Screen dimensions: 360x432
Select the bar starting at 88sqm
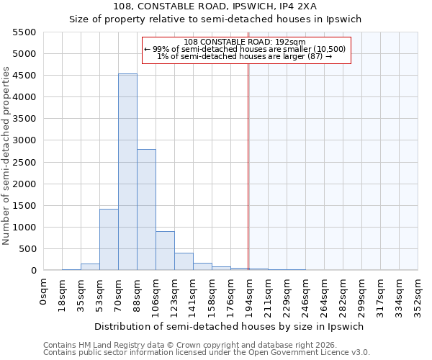146,210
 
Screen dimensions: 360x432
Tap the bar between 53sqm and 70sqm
109,239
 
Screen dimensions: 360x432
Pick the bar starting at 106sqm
165,251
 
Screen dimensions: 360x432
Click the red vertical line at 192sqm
248,166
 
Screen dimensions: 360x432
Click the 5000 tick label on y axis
24,54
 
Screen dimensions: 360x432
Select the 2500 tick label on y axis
24,162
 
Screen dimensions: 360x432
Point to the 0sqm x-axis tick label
44,293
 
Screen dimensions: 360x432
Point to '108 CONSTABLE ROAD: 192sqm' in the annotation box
245,42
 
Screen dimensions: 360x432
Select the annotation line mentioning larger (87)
245,56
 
